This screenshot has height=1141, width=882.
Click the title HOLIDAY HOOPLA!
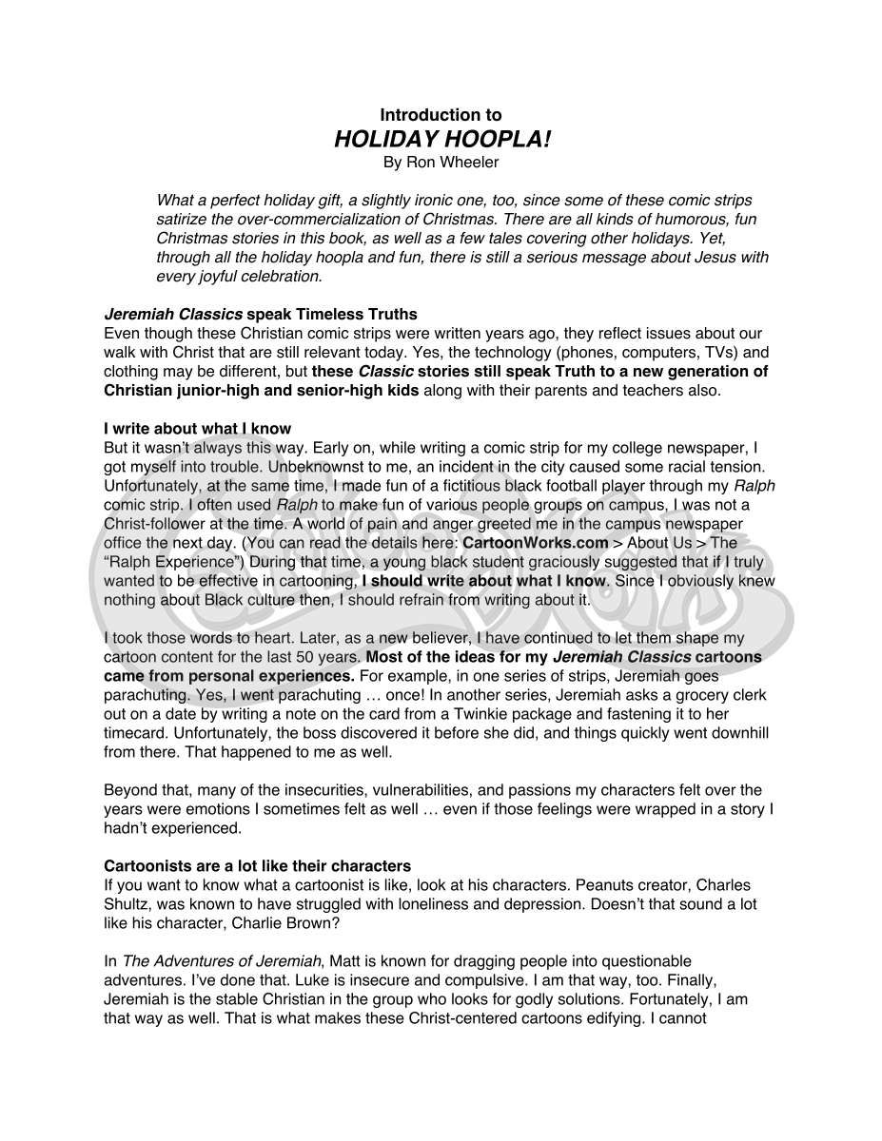[441, 140]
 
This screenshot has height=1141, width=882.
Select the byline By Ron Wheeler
[441, 163]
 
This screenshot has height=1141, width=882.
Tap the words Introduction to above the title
[441, 116]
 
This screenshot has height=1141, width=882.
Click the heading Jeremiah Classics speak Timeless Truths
[260, 314]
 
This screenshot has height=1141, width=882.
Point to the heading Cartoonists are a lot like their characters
[257, 866]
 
